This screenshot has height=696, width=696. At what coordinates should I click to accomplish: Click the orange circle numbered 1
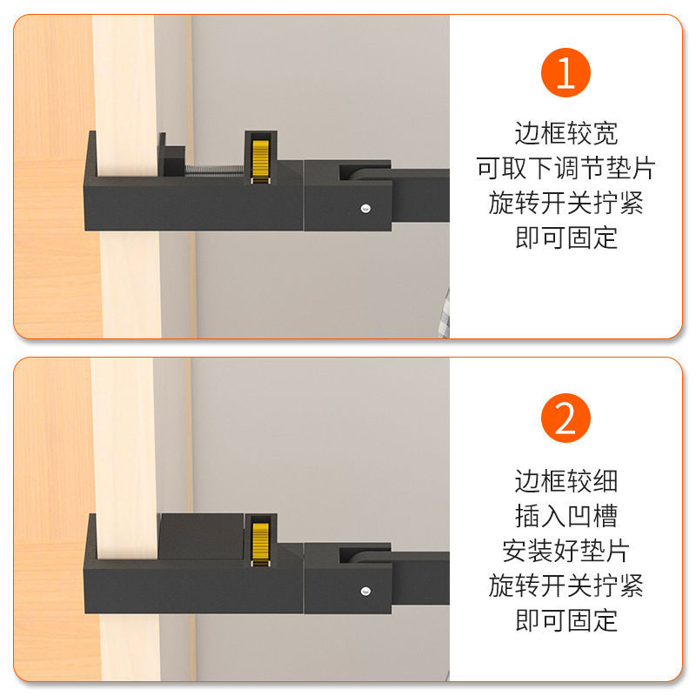pyautogui.click(x=565, y=72)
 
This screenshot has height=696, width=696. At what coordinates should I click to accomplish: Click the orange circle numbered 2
pyautogui.click(x=565, y=418)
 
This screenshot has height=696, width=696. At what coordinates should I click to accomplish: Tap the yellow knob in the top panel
pyautogui.click(x=260, y=161)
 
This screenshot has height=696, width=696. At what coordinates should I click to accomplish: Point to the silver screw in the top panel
pyautogui.click(x=365, y=208)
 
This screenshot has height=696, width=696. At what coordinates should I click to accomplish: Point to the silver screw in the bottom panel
pyautogui.click(x=365, y=591)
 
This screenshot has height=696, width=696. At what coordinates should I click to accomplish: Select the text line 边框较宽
pyautogui.click(x=566, y=133)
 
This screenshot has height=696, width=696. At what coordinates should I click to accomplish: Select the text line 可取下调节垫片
pyautogui.click(x=566, y=168)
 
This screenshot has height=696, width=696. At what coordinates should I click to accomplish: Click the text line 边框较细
pyautogui.click(x=566, y=481)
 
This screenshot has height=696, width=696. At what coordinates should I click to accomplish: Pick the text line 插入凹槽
pyautogui.click(x=566, y=516)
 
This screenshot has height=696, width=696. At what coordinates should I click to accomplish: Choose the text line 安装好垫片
pyautogui.click(x=566, y=551)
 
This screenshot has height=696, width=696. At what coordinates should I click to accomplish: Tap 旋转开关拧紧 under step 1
pyautogui.click(x=566, y=203)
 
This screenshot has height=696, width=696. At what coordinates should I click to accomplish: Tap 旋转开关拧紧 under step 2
pyautogui.click(x=566, y=586)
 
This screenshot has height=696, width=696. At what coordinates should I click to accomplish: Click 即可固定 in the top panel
pyautogui.click(x=566, y=238)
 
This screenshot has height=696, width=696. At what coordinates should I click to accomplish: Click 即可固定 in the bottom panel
pyautogui.click(x=566, y=620)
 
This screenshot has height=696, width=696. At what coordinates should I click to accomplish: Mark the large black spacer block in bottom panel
pyautogui.click(x=201, y=536)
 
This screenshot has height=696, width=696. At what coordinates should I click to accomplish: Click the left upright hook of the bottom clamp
pyautogui.click(x=91, y=537)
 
